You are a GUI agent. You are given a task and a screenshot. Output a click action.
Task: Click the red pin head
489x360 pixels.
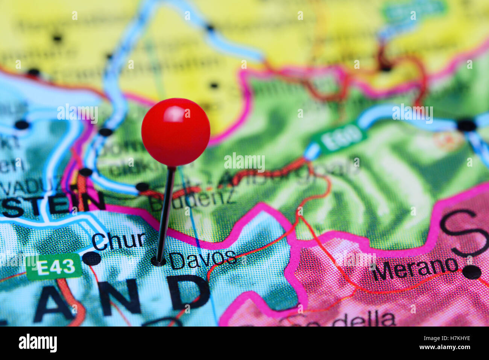176,132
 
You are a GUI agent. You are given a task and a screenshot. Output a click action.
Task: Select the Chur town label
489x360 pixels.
118,241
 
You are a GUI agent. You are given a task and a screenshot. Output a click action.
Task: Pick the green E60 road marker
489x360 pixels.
341,138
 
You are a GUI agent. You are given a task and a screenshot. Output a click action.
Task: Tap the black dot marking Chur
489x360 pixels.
92,258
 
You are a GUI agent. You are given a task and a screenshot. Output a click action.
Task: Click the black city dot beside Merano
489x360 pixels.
472,272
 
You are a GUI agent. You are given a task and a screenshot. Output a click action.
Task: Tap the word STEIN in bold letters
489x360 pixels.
53,204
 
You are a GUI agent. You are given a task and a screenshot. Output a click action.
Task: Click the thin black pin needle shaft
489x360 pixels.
166,214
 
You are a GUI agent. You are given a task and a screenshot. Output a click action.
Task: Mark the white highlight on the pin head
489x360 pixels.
174,114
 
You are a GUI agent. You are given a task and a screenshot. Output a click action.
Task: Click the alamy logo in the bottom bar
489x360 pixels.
38,343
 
